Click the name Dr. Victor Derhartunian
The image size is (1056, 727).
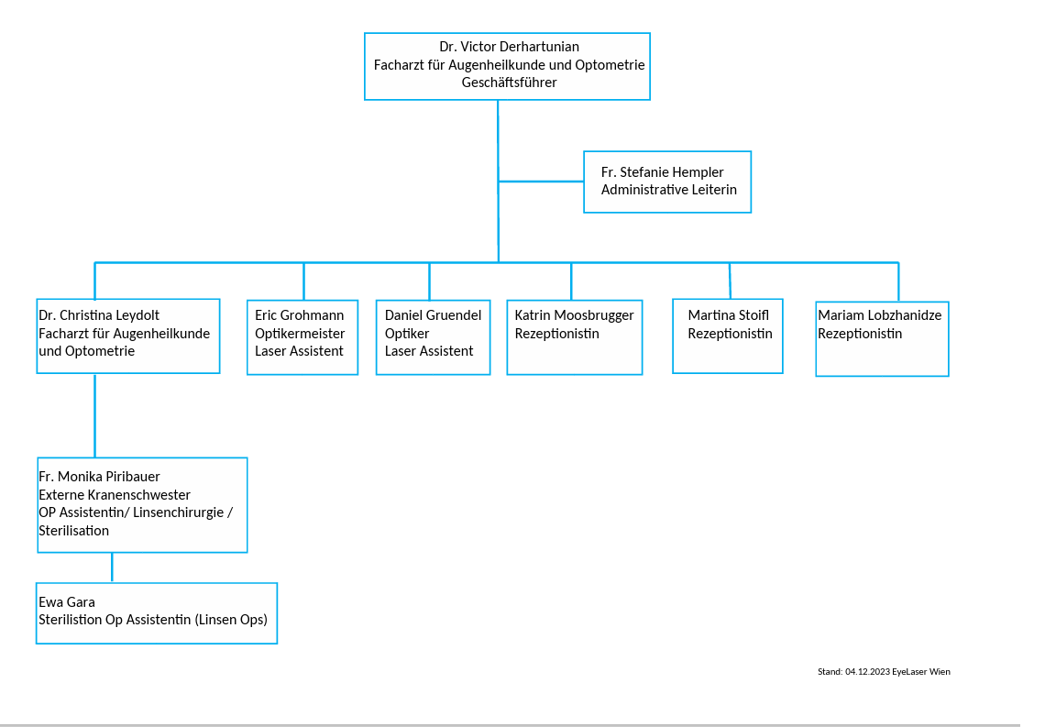coord(509,47)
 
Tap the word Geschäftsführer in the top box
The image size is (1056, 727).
coord(509,83)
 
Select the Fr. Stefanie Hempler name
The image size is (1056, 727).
coord(662,171)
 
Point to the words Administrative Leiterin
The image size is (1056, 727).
coord(669,190)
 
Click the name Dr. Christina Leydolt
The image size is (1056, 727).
coord(99,315)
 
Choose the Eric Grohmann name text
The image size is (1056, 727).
coord(299,314)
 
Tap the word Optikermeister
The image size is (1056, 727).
coord(300,334)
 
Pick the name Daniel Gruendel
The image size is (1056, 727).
coord(433,314)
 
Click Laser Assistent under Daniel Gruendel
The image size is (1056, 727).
coord(429,350)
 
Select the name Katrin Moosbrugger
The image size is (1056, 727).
coord(575,315)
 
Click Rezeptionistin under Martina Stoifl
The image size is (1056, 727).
coord(730,334)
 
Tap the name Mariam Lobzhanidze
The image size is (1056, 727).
coord(880,314)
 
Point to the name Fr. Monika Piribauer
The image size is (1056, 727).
coord(99,477)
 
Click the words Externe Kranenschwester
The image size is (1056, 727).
coord(115,494)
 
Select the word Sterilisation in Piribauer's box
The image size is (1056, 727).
coord(73,530)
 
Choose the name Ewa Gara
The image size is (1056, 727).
coord(67,601)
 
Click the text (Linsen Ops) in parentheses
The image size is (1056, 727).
coord(231,619)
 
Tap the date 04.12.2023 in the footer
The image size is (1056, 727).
coord(867,672)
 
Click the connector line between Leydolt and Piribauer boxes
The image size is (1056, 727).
coord(95,415)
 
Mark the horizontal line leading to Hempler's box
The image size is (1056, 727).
coord(541,182)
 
